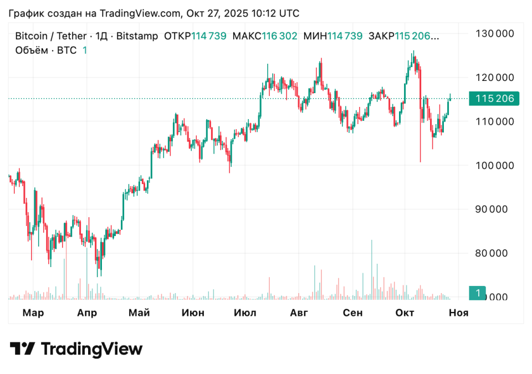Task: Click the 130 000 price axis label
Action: [x=495, y=33]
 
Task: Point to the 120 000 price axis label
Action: [x=495, y=77]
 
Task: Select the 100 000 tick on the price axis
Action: [x=495, y=165]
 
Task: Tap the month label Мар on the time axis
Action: [x=33, y=313]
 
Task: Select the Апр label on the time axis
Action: [x=87, y=313]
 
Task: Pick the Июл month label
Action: [x=245, y=313]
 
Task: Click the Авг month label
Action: [x=299, y=313]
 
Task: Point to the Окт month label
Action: [x=405, y=313]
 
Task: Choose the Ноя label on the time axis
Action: [x=458, y=313]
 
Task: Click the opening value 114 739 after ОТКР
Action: [x=209, y=36]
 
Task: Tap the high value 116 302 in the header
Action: [x=280, y=36]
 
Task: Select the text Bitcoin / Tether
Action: [x=50, y=36]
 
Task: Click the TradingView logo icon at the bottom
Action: [x=23, y=349]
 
